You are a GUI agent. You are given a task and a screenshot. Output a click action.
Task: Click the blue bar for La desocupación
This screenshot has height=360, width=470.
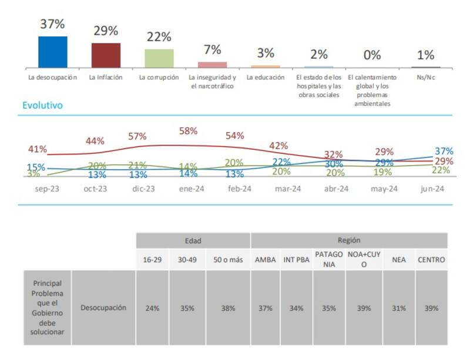(x=52, y=52)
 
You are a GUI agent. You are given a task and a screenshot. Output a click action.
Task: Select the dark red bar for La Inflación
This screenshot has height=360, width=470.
(x=106, y=55)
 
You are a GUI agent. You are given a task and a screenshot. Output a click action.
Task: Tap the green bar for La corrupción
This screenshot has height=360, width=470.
(x=159, y=58)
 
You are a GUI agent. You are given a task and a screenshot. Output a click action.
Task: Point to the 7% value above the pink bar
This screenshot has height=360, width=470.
(x=212, y=50)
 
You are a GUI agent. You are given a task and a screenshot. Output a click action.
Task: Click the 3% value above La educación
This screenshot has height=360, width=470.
(x=266, y=53)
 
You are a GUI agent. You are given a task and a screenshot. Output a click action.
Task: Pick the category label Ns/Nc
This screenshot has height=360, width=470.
(x=426, y=77)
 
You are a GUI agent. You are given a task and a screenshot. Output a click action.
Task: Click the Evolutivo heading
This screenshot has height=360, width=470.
(x=42, y=106)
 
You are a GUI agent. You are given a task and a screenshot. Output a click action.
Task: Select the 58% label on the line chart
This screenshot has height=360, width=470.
(x=187, y=131)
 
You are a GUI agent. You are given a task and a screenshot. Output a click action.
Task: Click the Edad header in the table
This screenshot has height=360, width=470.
(x=193, y=240)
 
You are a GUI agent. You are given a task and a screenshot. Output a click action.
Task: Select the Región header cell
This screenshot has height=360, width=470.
(x=349, y=240)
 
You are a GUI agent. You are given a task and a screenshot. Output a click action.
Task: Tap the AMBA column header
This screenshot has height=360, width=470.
(x=266, y=259)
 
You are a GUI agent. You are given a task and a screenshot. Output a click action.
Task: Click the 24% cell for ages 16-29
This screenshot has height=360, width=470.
(x=153, y=308)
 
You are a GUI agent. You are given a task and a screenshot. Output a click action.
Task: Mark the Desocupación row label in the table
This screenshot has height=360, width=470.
(x=103, y=307)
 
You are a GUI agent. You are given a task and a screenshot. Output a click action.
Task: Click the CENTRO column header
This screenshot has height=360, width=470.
(x=431, y=259)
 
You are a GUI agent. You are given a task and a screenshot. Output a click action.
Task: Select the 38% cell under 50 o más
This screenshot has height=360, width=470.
(x=228, y=308)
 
